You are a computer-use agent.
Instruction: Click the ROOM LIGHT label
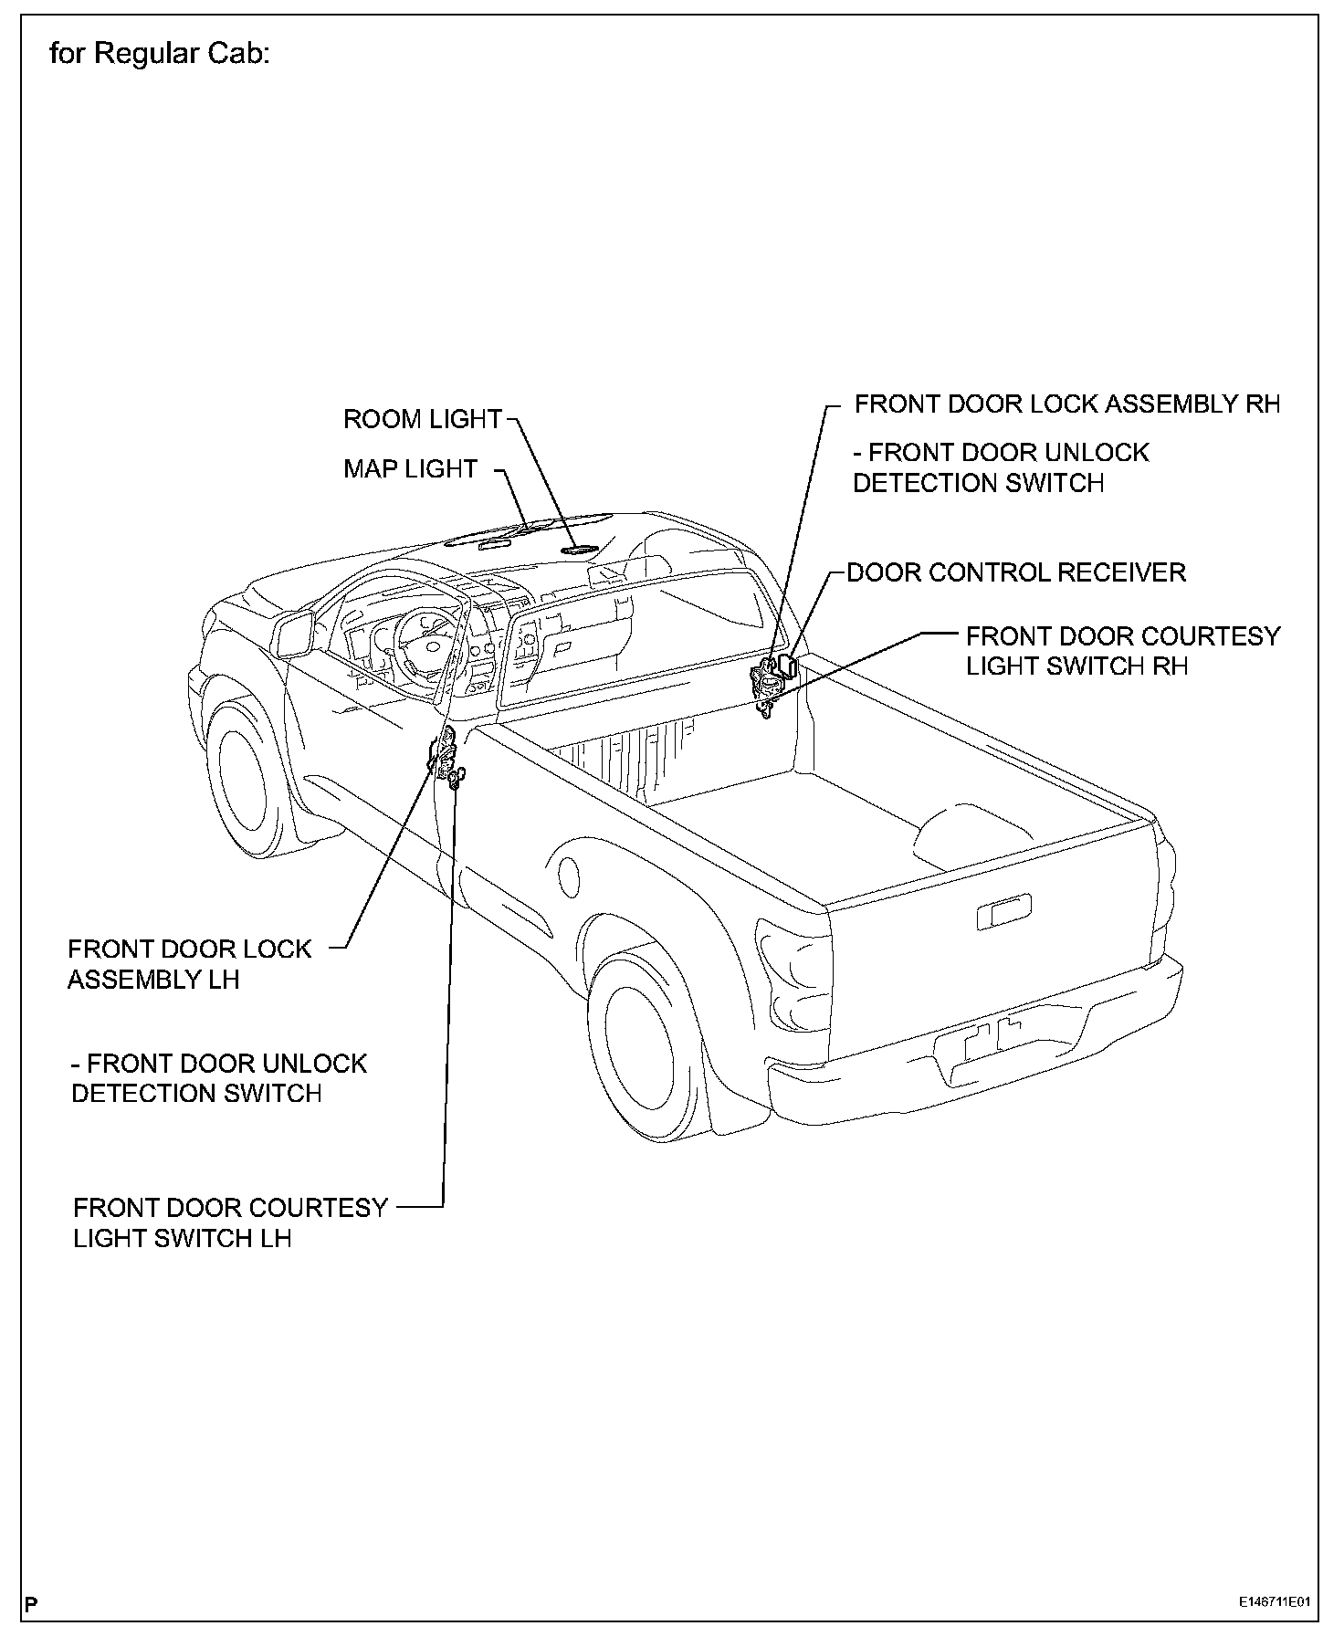(x=423, y=420)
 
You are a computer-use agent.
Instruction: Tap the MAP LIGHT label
(x=410, y=469)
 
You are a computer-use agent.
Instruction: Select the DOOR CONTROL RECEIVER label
(x=1016, y=573)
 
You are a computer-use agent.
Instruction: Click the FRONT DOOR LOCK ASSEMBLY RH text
(x=1067, y=404)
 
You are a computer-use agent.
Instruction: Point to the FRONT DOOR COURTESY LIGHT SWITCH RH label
(x=1122, y=651)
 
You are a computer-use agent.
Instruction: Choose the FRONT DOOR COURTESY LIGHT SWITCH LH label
(x=230, y=1223)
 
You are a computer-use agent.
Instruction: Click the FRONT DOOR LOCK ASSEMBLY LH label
(x=190, y=964)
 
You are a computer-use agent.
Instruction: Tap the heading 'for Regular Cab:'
(x=160, y=55)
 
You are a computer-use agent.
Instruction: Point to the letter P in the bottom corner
(x=32, y=1604)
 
